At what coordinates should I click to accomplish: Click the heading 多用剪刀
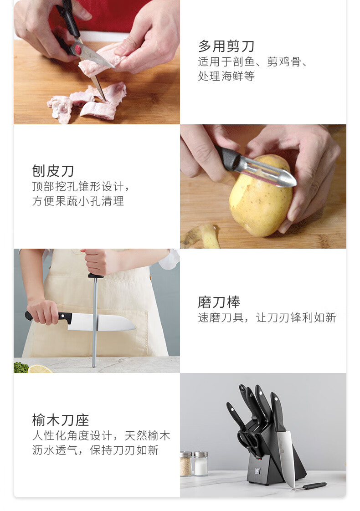(x=226, y=46)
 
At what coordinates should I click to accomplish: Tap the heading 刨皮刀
(x=53, y=171)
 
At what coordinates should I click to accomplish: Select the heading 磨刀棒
(x=219, y=302)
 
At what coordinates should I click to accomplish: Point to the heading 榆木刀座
(x=60, y=420)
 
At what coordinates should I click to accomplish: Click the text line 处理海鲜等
(x=226, y=76)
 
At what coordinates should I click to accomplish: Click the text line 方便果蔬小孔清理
(x=78, y=201)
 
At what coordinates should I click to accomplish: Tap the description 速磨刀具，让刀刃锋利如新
(x=267, y=317)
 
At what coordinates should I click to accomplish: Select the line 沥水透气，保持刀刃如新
(x=95, y=450)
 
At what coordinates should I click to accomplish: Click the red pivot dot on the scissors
(x=78, y=50)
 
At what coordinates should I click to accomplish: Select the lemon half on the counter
(x=40, y=369)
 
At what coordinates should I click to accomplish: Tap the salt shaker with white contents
(x=201, y=464)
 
